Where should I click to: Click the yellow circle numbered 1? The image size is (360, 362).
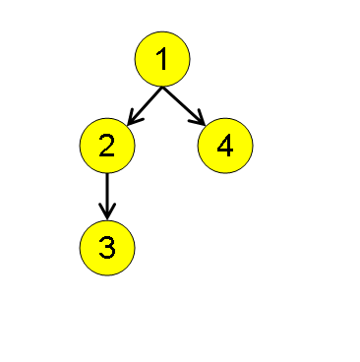[161, 60]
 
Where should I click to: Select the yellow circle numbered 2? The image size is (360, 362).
[107, 146]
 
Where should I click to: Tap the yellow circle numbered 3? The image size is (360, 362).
[107, 248]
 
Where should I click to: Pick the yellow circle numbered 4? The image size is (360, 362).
[225, 146]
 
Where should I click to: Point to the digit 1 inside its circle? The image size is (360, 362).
[161, 60]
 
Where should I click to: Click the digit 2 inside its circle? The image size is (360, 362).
[107, 146]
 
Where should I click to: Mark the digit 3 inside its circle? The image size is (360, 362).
[107, 248]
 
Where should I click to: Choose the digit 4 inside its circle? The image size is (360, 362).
[225, 146]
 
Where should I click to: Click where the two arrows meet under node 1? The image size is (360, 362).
[162, 88]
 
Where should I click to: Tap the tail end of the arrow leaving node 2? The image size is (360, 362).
[107, 174]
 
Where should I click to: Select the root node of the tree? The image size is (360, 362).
[161, 60]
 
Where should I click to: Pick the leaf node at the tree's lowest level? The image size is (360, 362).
[107, 248]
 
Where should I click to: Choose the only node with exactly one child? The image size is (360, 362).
[107, 146]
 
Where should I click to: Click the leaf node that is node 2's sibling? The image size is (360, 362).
[225, 146]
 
